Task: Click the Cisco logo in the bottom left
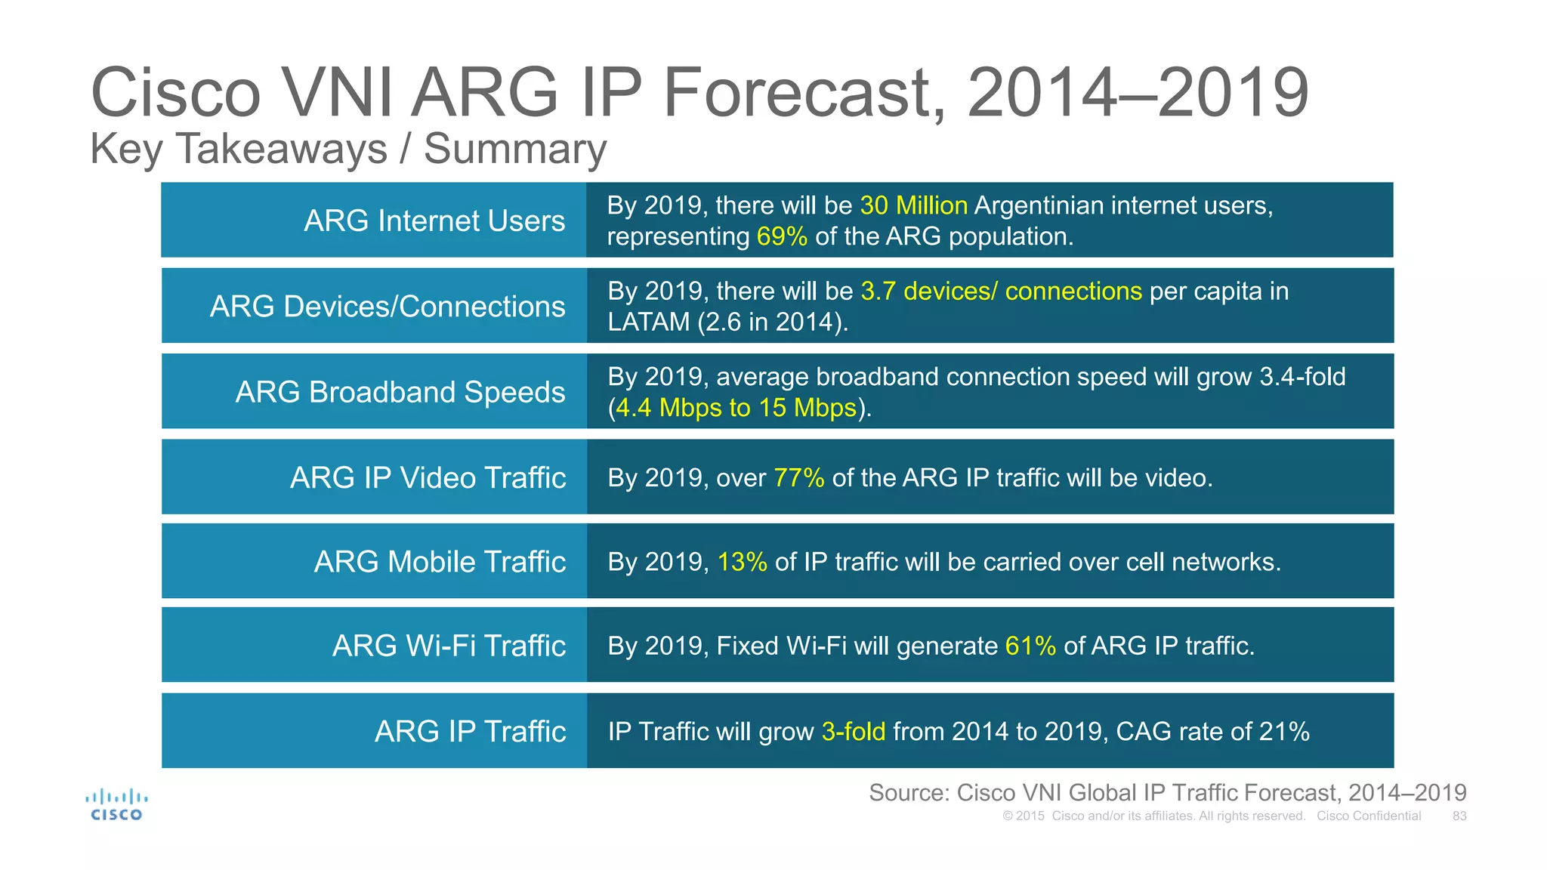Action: [x=116, y=805]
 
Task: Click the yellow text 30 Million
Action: [x=913, y=205]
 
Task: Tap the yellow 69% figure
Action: [x=782, y=236]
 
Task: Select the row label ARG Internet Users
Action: [x=434, y=221]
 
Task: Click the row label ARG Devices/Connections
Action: [x=388, y=306]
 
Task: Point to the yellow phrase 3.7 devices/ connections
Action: [x=1001, y=291]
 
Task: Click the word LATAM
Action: [x=649, y=322]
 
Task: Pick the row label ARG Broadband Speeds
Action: [x=400, y=392]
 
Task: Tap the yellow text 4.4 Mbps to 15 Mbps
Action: [x=736, y=408]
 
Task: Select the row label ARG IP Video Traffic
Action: [x=428, y=477]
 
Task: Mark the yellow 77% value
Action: [x=798, y=478]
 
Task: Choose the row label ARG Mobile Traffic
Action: [x=440, y=562]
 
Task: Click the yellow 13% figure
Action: [x=742, y=562]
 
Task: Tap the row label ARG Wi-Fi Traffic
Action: [x=449, y=646]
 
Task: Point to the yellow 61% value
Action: [x=1030, y=646]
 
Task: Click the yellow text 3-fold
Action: [x=853, y=731]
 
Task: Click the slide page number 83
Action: [x=1459, y=816]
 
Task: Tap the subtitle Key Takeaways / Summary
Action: [x=348, y=149]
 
